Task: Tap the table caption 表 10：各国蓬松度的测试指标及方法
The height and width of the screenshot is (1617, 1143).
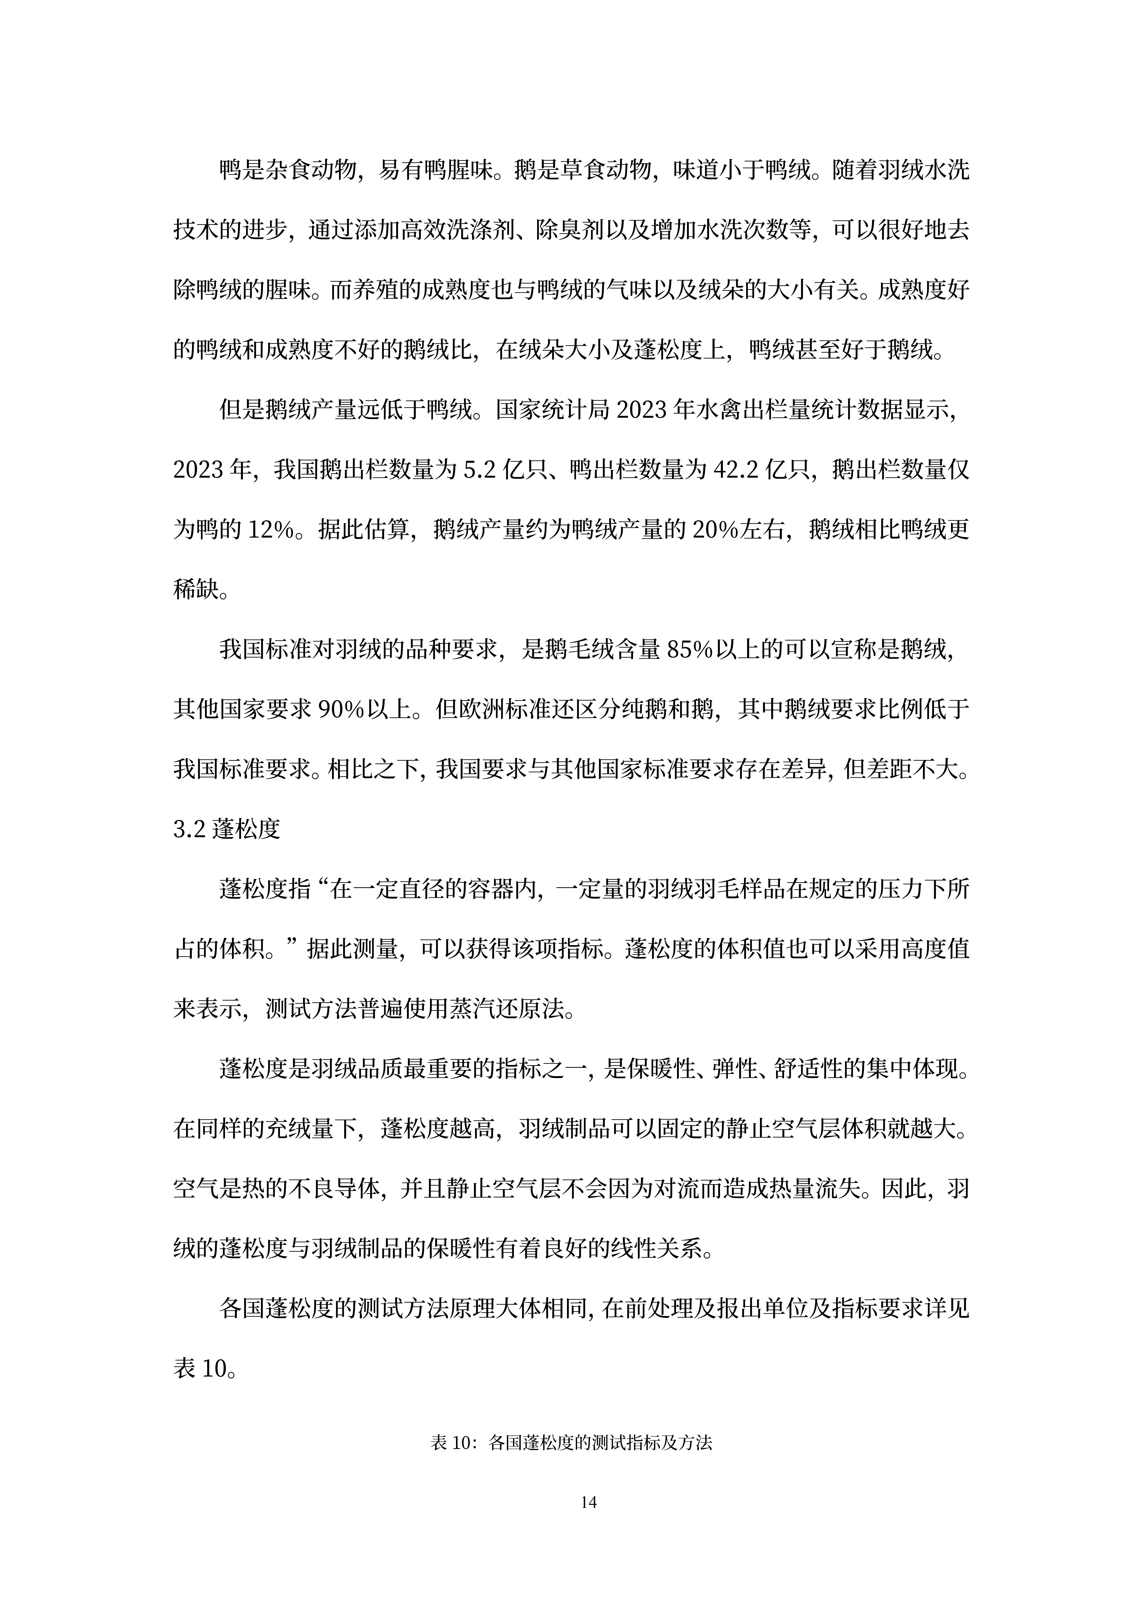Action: (571, 1443)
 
